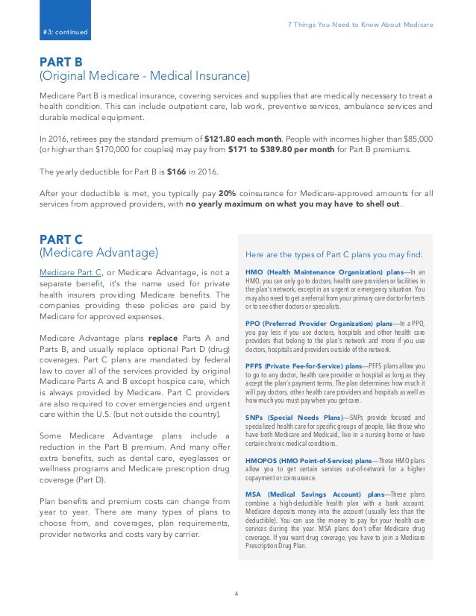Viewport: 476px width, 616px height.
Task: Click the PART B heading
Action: [62, 62]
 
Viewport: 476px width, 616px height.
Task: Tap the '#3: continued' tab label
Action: [66, 32]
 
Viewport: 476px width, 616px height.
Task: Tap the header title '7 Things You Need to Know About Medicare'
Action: [360, 25]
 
